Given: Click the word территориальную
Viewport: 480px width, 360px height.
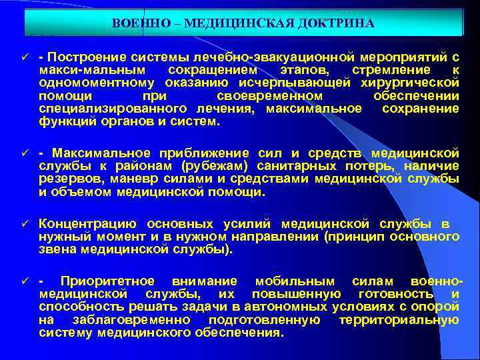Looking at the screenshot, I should pos(399,320).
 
